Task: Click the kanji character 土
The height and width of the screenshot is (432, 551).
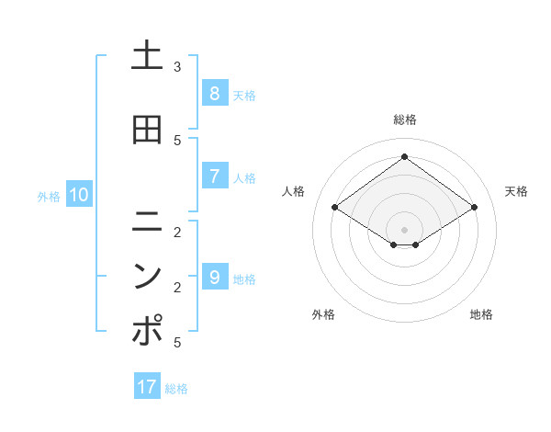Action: coord(147,56)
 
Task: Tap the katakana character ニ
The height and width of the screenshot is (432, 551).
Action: coord(147,221)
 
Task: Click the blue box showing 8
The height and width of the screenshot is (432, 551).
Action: coord(214,94)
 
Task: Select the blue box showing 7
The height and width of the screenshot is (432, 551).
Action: coord(214,176)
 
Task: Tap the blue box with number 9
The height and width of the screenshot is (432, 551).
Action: coord(214,277)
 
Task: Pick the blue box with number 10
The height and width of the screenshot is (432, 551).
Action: coord(79,194)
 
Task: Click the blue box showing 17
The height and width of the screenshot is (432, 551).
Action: coord(147,387)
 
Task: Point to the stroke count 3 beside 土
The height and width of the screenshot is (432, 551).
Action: coord(177,67)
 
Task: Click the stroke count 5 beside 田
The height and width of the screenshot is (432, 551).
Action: coord(177,140)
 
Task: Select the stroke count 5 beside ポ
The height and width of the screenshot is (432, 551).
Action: coord(177,343)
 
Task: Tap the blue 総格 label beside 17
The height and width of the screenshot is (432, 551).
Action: coord(176,389)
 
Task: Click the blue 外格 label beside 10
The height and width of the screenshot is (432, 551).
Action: coord(49,196)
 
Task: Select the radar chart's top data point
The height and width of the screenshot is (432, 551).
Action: coord(404,157)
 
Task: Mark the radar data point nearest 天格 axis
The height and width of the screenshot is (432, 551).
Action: coord(474,208)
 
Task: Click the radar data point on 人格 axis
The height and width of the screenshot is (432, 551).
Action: coord(335,208)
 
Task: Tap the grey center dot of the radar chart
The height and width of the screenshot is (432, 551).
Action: coord(404,229)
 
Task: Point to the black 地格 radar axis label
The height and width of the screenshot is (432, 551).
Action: coord(481,314)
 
